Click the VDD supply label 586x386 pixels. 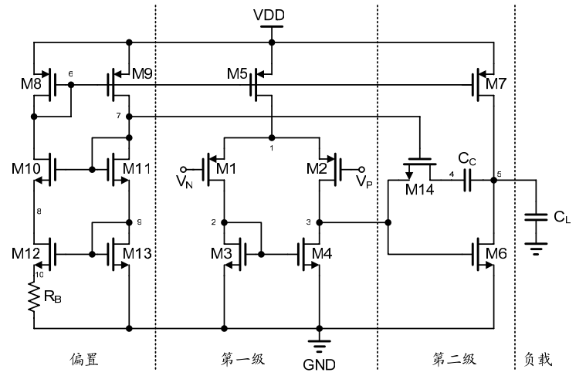[x=270, y=15]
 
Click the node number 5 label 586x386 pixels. [x=499, y=174]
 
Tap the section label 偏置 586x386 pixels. [x=84, y=360]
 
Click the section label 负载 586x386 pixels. [x=538, y=360]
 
